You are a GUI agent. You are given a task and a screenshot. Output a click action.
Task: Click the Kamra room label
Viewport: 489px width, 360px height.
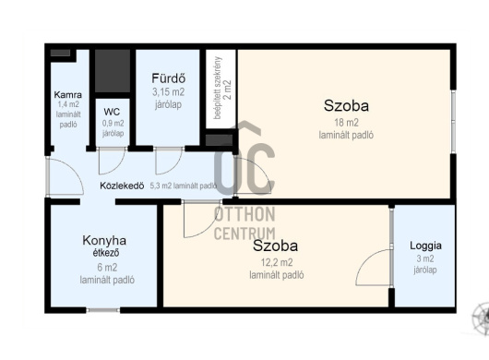point(68,94)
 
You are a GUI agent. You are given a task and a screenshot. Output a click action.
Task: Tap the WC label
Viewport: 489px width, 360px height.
point(112,112)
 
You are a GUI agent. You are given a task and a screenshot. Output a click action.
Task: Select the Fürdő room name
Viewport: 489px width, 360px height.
point(169,78)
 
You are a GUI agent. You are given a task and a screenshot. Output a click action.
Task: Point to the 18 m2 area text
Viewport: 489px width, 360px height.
point(346,123)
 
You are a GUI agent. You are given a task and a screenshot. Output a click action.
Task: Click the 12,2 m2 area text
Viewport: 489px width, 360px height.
point(277,263)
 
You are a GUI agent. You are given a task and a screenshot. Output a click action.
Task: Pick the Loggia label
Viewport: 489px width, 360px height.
point(425,246)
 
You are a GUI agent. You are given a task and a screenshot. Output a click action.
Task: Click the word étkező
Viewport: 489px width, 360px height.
point(106,253)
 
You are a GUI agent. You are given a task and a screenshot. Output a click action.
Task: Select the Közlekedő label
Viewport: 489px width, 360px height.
point(122,186)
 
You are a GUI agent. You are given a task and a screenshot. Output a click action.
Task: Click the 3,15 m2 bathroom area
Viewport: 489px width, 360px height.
point(169,92)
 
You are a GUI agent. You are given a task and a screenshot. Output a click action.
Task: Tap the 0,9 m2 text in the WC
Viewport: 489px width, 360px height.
point(113,123)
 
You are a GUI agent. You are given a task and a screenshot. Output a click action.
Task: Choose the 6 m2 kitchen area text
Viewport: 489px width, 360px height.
point(107,268)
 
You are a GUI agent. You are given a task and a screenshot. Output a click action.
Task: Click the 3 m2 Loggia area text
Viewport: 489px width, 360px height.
point(425,258)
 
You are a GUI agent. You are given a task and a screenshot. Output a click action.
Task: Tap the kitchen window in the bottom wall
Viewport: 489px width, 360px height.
point(103,310)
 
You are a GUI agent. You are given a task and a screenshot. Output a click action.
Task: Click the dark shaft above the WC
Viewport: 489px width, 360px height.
point(113,70)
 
